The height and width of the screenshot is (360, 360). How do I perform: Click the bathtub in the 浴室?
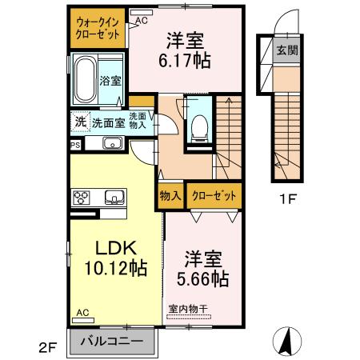tap(85, 80)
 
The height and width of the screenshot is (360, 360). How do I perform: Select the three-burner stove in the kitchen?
tap(81, 198)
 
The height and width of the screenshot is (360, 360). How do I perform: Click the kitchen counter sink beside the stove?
tap(114, 197)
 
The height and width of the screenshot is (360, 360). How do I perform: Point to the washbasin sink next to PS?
tap(113, 143)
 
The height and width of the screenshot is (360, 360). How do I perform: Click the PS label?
tap(75, 146)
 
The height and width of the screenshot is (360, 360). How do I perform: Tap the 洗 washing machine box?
tap(81, 122)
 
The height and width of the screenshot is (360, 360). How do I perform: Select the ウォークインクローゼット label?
tap(98, 29)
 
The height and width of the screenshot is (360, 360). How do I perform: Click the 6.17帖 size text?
tap(185, 61)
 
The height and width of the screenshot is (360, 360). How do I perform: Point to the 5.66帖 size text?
tap(203, 279)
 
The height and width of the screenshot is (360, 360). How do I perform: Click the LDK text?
tap(116, 248)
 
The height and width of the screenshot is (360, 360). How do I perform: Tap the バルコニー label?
tap(112, 341)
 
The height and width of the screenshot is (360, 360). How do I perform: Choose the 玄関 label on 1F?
tap(287, 50)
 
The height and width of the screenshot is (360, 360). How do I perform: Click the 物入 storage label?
tap(170, 196)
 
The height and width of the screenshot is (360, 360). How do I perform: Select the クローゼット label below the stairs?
tap(214, 196)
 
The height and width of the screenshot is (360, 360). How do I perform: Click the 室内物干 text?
tap(188, 309)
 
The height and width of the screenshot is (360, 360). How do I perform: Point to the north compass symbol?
tap(288, 341)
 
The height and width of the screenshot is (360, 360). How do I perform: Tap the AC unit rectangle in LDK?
tap(83, 320)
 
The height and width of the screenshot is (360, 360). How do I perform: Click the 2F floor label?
tap(47, 348)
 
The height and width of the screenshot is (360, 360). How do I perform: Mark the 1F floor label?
tap(288, 198)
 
